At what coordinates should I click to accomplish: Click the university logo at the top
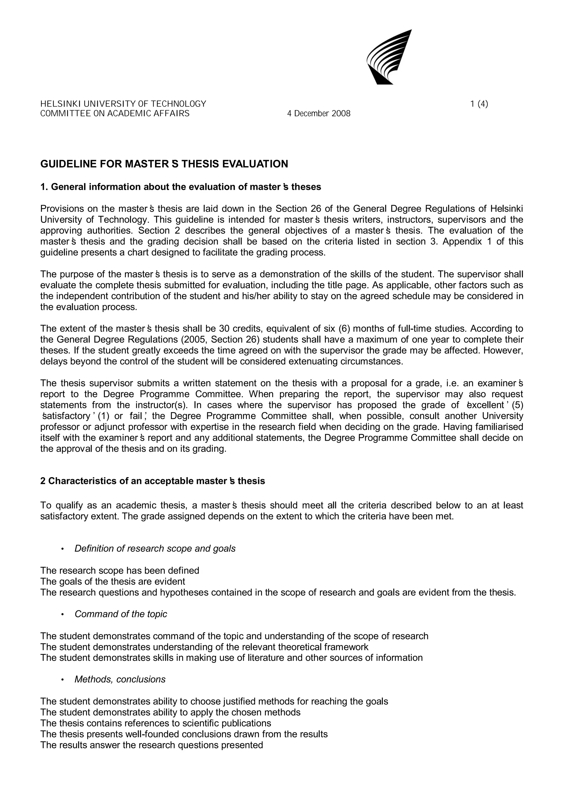(x=389, y=57)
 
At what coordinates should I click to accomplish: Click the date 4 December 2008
(x=319, y=114)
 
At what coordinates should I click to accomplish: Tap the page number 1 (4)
(x=479, y=104)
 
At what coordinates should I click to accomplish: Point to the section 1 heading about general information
(x=181, y=187)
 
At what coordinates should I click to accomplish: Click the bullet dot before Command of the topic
(x=63, y=615)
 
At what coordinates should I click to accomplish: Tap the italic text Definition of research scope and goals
(x=155, y=548)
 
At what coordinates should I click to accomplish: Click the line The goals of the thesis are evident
(x=113, y=581)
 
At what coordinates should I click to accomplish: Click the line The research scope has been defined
(x=120, y=570)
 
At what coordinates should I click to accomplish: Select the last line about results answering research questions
(x=151, y=745)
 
